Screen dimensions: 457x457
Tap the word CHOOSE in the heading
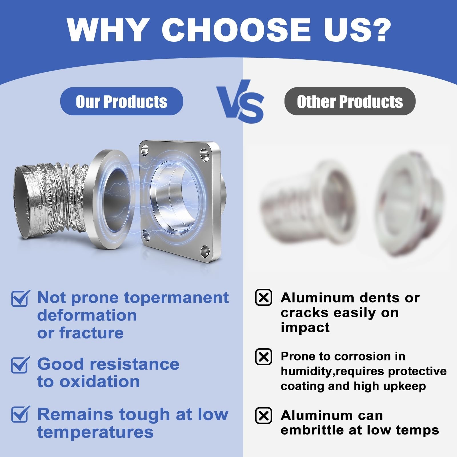pyautogui.click(x=236, y=30)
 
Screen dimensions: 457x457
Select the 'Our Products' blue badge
pyautogui.click(x=121, y=101)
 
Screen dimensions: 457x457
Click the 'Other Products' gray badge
pyautogui.click(x=350, y=101)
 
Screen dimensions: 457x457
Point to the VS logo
pyautogui.click(x=240, y=101)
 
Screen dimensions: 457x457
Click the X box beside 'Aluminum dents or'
pyautogui.click(x=263, y=297)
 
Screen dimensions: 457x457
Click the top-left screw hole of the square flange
pyautogui.click(x=145, y=148)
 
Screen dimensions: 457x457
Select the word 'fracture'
pyautogui.click(x=91, y=333)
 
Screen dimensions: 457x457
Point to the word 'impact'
pyautogui.click(x=305, y=328)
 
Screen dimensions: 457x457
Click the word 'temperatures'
pyautogui.click(x=95, y=432)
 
